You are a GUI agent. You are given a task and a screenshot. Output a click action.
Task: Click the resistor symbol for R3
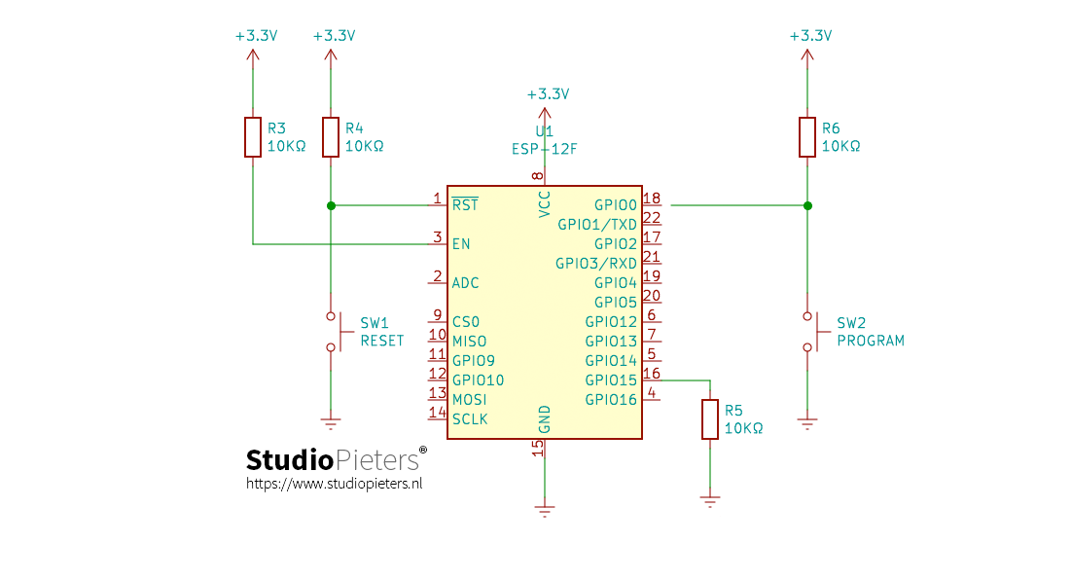pos(253,137)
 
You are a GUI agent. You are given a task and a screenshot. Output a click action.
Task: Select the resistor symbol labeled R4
pos(331,137)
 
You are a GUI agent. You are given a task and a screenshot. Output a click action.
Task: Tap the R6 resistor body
pos(806,137)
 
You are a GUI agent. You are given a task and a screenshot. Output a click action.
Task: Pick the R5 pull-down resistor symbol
pos(710,419)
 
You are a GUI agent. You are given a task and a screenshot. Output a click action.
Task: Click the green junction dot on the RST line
pos(331,205)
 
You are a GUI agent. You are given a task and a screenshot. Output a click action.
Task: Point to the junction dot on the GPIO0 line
pos(806,205)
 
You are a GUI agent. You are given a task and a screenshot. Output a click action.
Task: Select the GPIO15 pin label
pos(611,381)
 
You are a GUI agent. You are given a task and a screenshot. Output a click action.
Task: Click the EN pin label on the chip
pos(461,244)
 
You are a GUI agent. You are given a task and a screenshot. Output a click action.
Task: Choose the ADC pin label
pos(465,283)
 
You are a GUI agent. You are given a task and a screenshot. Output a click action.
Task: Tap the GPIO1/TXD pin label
pos(596,225)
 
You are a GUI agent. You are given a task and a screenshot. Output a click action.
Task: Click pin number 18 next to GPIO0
pos(652,199)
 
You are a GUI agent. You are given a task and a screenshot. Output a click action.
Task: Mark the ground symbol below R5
pos(710,501)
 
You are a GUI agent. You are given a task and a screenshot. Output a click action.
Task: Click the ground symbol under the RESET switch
pos(331,423)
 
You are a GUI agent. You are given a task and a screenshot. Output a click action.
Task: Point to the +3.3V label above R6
pos(810,35)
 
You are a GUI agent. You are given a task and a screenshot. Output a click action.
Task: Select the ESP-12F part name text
pos(544,149)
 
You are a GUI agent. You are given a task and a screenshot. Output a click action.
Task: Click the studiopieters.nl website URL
pos(334,483)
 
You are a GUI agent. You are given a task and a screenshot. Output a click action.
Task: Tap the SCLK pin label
pos(470,419)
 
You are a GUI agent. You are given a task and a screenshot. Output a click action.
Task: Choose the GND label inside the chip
pos(545,419)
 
